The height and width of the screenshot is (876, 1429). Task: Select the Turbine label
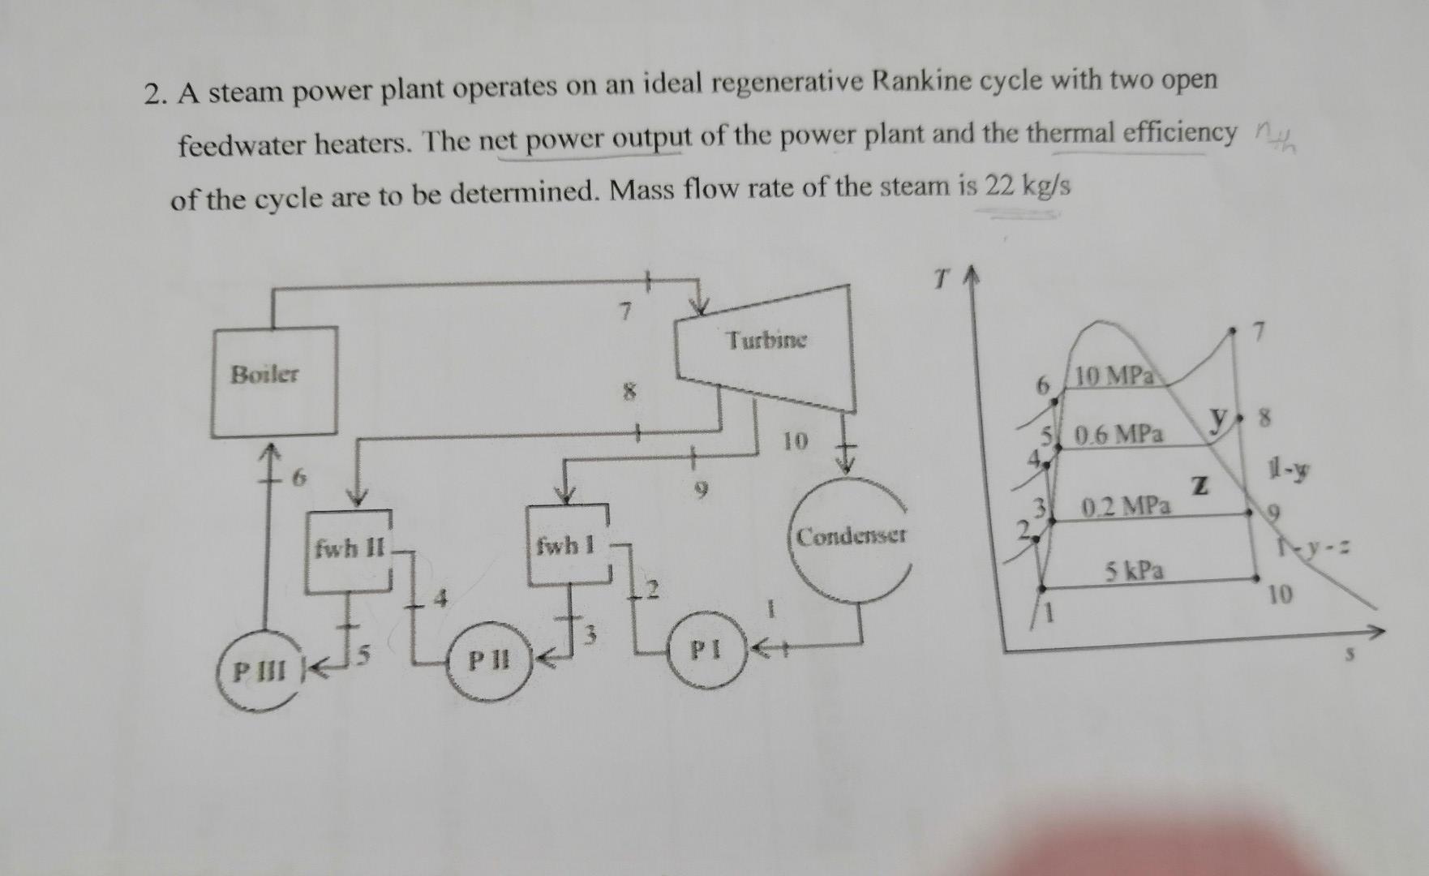click(766, 340)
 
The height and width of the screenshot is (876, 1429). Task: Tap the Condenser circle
click(850, 537)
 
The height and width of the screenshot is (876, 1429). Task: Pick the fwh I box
click(568, 546)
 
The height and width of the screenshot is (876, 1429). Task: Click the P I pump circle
click(705, 651)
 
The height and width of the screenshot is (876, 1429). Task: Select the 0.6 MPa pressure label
click(1118, 435)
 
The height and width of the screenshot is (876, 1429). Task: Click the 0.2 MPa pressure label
click(1127, 508)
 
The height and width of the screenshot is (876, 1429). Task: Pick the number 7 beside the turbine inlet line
click(624, 311)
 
